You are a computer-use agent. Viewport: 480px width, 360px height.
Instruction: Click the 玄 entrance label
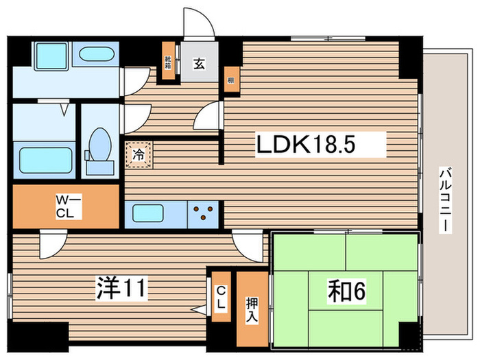[x=198, y=64]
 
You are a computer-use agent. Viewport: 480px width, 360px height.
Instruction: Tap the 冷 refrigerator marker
[x=138, y=154]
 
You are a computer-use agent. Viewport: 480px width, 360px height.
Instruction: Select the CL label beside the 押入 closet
[x=221, y=299]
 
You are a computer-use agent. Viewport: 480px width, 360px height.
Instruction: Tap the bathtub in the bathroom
[x=46, y=159]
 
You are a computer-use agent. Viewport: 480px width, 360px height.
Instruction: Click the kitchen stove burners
[x=204, y=213]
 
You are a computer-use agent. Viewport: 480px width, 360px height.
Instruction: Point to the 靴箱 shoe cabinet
[x=168, y=62]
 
